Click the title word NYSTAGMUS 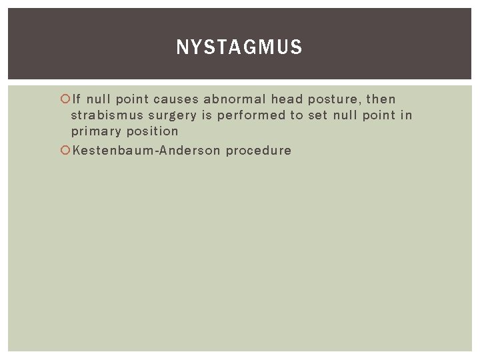(239, 47)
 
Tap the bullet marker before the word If (65, 99)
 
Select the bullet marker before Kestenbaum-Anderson (65, 150)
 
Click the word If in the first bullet (77, 99)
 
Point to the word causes (175, 99)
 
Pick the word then (381, 99)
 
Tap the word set (318, 115)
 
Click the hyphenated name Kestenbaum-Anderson (145, 150)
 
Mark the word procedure (259, 151)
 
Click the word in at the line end (407, 115)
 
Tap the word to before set (296, 115)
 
